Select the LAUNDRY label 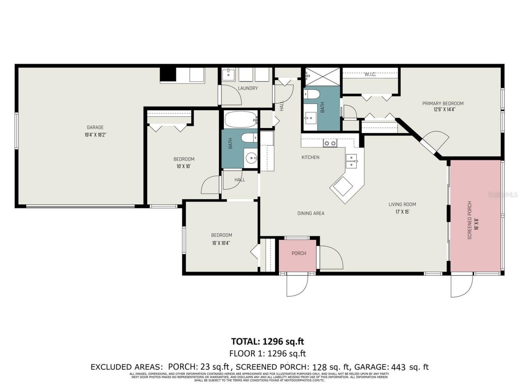pyautogui.click(x=248, y=88)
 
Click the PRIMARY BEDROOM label pyautogui.click(x=443, y=103)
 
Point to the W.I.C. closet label pyautogui.click(x=370, y=75)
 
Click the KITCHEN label pyautogui.click(x=310, y=157)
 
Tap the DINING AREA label pyautogui.click(x=311, y=213)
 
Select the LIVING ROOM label pyautogui.click(x=402, y=204)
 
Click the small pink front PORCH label pyautogui.click(x=299, y=253)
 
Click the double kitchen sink pyautogui.click(x=352, y=161)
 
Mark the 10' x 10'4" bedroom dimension pyautogui.click(x=221, y=243)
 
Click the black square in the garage pyautogui.click(x=168, y=75)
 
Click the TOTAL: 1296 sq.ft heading pyautogui.click(x=267, y=341)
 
